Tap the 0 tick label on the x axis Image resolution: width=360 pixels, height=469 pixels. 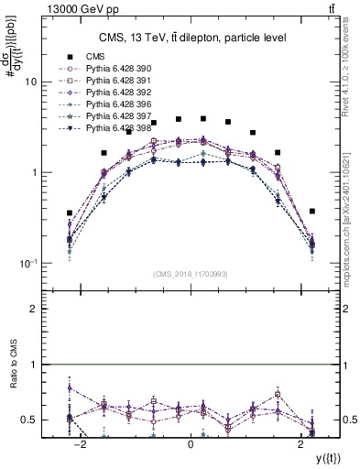click(191, 445)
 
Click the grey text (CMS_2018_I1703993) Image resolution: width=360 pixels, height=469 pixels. click(191, 274)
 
